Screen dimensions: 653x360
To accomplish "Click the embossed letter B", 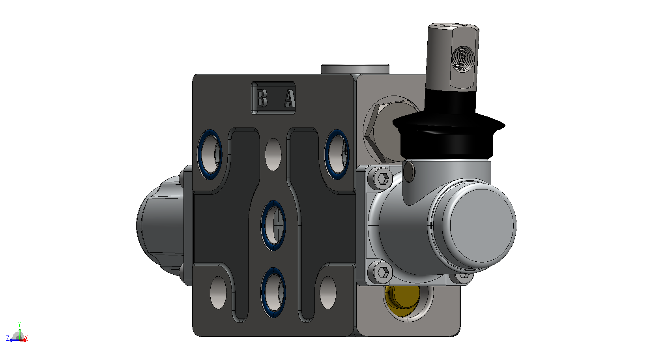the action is (x=262, y=98).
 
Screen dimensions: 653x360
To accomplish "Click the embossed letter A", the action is (x=290, y=98).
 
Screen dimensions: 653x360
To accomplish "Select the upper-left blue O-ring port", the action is (x=210, y=154).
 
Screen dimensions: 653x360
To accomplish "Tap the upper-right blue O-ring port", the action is (x=337, y=154).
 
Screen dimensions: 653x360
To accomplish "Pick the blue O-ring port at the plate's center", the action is (x=273, y=225).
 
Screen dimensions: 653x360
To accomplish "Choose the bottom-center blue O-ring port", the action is (x=273, y=292).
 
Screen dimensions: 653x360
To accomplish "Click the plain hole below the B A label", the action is (x=273, y=154).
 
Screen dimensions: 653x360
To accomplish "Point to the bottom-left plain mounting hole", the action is (x=218, y=292).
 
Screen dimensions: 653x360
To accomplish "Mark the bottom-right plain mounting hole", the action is (x=328, y=292).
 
